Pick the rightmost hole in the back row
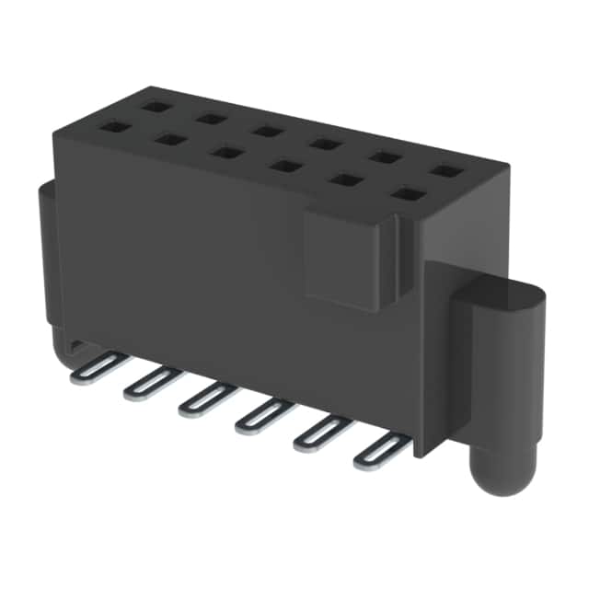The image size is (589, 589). coord(445,170)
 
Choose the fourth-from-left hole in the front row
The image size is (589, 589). coord(285,167)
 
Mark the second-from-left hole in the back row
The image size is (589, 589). coord(213,119)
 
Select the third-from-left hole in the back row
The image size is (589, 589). coord(268,131)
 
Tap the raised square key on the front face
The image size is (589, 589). coord(350,257)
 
